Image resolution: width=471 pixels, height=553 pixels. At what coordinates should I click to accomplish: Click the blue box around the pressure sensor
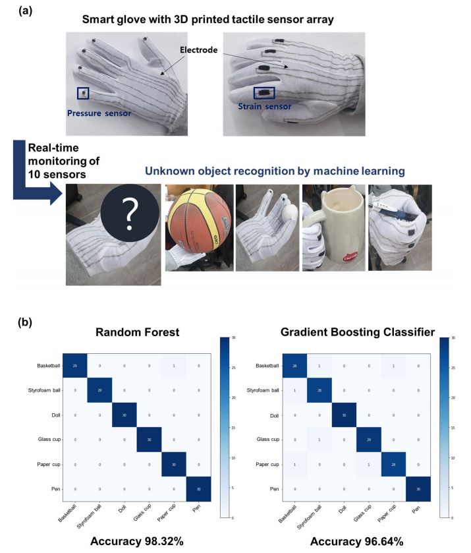click(x=82, y=94)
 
